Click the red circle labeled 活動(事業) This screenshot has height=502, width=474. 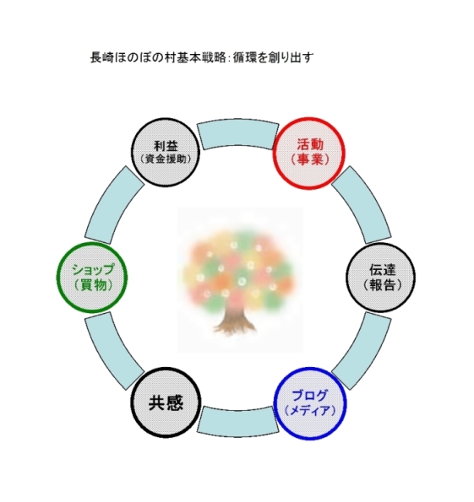pyautogui.click(x=309, y=153)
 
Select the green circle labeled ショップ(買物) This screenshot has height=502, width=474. pyautogui.click(x=92, y=278)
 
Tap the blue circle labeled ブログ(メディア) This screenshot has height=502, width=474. pyautogui.click(x=310, y=403)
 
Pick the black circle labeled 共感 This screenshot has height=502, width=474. pyautogui.click(x=166, y=402)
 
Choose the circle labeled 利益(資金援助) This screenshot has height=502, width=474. pyautogui.click(x=166, y=153)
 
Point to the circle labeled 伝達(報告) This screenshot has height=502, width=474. pyautogui.click(x=381, y=278)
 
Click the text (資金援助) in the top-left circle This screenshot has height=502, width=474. pyautogui.click(x=166, y=159)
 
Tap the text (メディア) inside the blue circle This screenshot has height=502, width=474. pyautogui.click(x=310, y=411)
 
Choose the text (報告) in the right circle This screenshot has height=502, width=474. pyautogui.click(x=382, y=285)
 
